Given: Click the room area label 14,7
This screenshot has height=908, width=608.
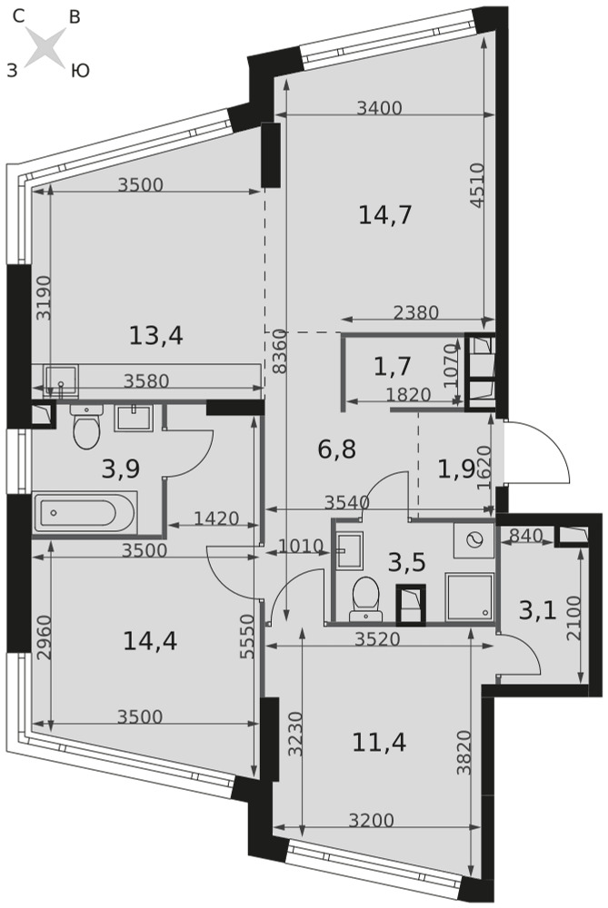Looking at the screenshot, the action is point(384,215).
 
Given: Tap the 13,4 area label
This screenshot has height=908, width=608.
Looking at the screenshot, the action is point(156,335).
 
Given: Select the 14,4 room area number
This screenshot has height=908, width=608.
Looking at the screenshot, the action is point(150,641).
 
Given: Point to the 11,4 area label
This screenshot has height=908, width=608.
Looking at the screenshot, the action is point(379,741).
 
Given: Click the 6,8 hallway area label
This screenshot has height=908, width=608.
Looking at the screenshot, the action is point(337,449).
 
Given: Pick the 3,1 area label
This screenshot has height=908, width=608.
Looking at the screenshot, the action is point(537,610).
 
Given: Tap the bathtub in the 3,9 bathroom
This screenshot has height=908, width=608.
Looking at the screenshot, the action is point(85,512).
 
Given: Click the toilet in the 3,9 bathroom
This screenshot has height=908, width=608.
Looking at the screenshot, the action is point(86,426).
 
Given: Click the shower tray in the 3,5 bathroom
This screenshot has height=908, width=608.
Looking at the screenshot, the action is point(470,597).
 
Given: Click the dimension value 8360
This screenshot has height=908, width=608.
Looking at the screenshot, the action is point(279,350).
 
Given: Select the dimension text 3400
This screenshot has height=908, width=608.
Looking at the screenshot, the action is point(379,108).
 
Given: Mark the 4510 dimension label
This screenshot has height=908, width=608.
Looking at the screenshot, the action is point(476,185).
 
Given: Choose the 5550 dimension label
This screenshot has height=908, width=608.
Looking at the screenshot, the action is point(247,637).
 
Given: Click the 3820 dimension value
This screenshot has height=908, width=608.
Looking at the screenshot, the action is point(464,752).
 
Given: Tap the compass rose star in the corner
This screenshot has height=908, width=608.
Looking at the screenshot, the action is point(45,45).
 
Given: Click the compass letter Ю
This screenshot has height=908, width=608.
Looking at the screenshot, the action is point(80,71).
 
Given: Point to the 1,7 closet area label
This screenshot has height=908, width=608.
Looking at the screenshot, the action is point(393,366).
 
